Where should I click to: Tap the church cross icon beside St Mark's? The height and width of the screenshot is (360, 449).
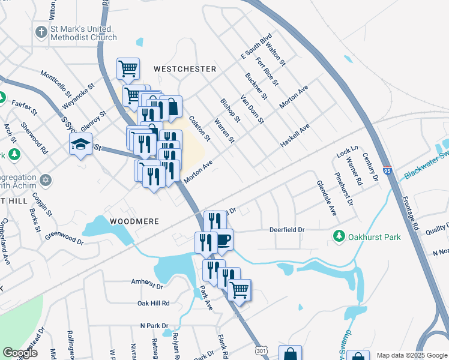41,32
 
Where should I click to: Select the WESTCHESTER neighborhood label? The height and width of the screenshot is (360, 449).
184,69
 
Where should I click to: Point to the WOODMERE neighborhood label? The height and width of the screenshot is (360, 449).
134,221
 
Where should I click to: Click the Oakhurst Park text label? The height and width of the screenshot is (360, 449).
376,237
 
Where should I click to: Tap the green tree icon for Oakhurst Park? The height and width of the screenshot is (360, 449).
340,237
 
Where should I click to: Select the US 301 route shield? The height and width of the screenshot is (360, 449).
261,349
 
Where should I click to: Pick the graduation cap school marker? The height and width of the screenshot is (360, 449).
80,144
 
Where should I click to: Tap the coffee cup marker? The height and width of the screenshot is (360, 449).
223,240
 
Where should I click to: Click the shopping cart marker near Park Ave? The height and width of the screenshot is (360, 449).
240,290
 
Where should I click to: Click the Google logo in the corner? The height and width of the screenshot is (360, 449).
20,353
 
